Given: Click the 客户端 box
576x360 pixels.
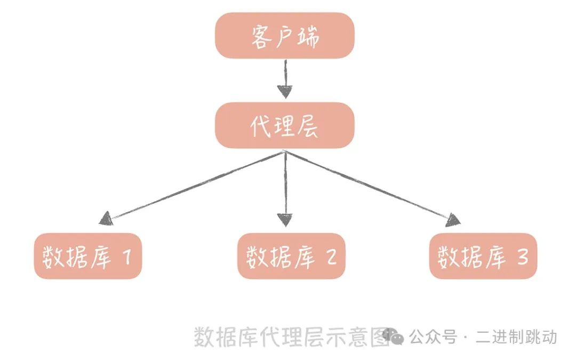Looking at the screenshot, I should click(285, 36).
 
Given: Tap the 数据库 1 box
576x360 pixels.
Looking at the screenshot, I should click(88, 256).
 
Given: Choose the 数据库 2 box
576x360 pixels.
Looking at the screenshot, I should click(291, 256).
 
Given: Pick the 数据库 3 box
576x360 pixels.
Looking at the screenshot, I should click(483, 256).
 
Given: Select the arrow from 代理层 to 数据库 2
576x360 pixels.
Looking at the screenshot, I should click(285, 187).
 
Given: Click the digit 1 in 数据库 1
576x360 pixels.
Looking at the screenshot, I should click(126, 257).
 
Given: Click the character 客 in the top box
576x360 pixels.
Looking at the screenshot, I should click(261, 36).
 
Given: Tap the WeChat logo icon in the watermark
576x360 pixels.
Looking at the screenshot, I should click(395, 336).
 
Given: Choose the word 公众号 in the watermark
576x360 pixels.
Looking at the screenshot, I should click(433, 337).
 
